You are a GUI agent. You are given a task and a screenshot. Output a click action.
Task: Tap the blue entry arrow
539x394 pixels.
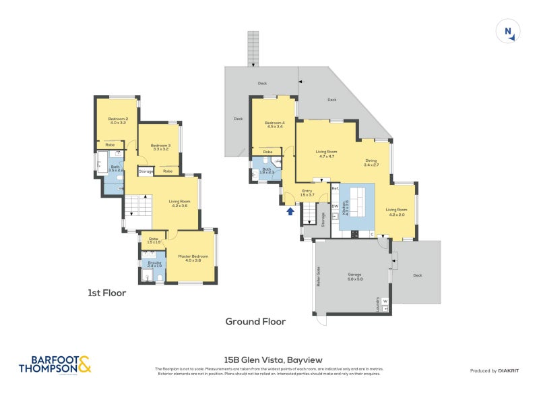(290, 211)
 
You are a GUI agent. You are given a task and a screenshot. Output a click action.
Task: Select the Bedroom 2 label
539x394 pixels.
(119, 121)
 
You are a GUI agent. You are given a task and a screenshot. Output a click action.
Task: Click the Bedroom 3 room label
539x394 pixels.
(160, 146)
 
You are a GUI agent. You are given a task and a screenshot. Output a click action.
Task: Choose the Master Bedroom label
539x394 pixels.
(190, 258)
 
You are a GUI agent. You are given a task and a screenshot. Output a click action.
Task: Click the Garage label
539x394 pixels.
(354, 276)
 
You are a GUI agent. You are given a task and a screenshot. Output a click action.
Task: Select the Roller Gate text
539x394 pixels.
(317, 277)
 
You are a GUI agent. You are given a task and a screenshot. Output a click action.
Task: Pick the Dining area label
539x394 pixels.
(372, 162)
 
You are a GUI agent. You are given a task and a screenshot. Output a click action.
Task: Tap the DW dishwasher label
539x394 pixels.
(335, 206)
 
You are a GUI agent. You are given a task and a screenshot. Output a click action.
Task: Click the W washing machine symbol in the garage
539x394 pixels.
(385, 301)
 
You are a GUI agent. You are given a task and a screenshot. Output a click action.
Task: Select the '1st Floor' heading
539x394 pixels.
(107, 293)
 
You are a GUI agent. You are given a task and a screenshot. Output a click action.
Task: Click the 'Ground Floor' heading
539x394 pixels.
(255, 321)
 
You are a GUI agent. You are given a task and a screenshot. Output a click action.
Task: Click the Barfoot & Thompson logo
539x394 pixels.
(55, 364)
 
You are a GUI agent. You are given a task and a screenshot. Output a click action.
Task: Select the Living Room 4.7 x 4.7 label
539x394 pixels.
(326, 154)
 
